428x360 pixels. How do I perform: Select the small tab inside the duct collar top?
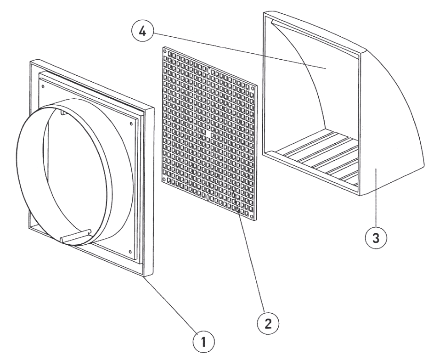tap(62, 111)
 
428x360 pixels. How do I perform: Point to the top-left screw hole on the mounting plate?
tap(43, 84)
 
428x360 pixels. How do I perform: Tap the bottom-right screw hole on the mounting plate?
tap(131, 252)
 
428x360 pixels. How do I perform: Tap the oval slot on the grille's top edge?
tap(209, 71)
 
